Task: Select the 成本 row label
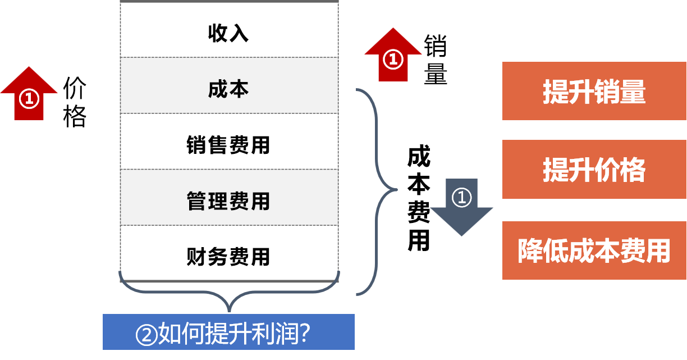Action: coord(228,89)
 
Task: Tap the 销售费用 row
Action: coord(228,145)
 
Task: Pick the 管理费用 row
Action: coord(228,200)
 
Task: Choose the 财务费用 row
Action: coord(228,256)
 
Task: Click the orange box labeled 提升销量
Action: coord(594,92)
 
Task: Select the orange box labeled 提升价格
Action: coord(594,170)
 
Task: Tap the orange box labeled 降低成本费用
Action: coord(594,250)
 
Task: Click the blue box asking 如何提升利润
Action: coord(228,331)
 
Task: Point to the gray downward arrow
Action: coord(461,208)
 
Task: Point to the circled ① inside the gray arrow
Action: coord(461,197)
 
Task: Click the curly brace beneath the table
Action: coord(228,295)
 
